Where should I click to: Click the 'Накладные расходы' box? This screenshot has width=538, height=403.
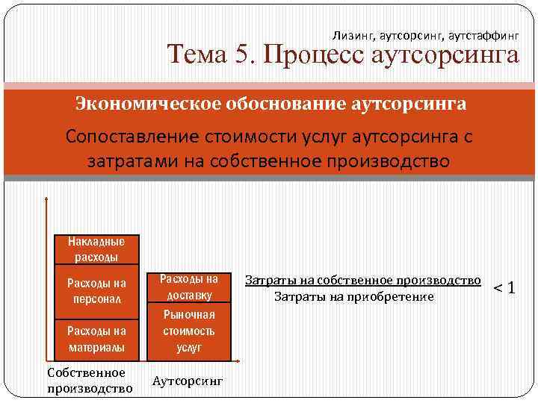point(96,249)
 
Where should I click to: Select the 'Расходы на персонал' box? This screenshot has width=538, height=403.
point(96,290)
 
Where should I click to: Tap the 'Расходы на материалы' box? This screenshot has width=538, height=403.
point(96,337)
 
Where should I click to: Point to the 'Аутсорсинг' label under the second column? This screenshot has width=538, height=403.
point(188,380)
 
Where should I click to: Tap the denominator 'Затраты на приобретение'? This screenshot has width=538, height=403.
point(354,297)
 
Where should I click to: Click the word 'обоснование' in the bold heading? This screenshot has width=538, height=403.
point(266,103)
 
